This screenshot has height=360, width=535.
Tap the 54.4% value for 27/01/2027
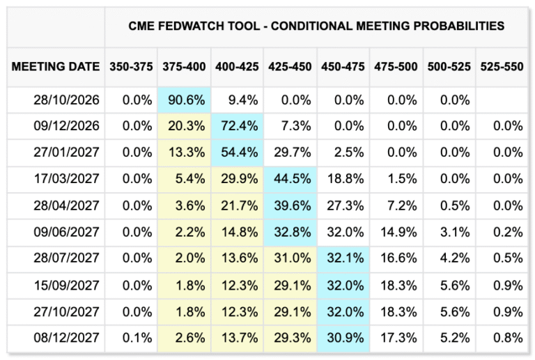(x=239, y=152)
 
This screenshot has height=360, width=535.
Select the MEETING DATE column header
(x=56, y=66)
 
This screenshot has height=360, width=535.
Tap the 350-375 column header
(x=131, y=66)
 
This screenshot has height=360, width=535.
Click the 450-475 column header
(x=343, y=66)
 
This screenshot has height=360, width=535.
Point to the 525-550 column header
(x=502, y=66)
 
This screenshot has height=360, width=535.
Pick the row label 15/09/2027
(x=67, y=285)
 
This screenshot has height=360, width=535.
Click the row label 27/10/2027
(x=67, y=312)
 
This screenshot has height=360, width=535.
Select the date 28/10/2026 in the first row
(x=67, y=100)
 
